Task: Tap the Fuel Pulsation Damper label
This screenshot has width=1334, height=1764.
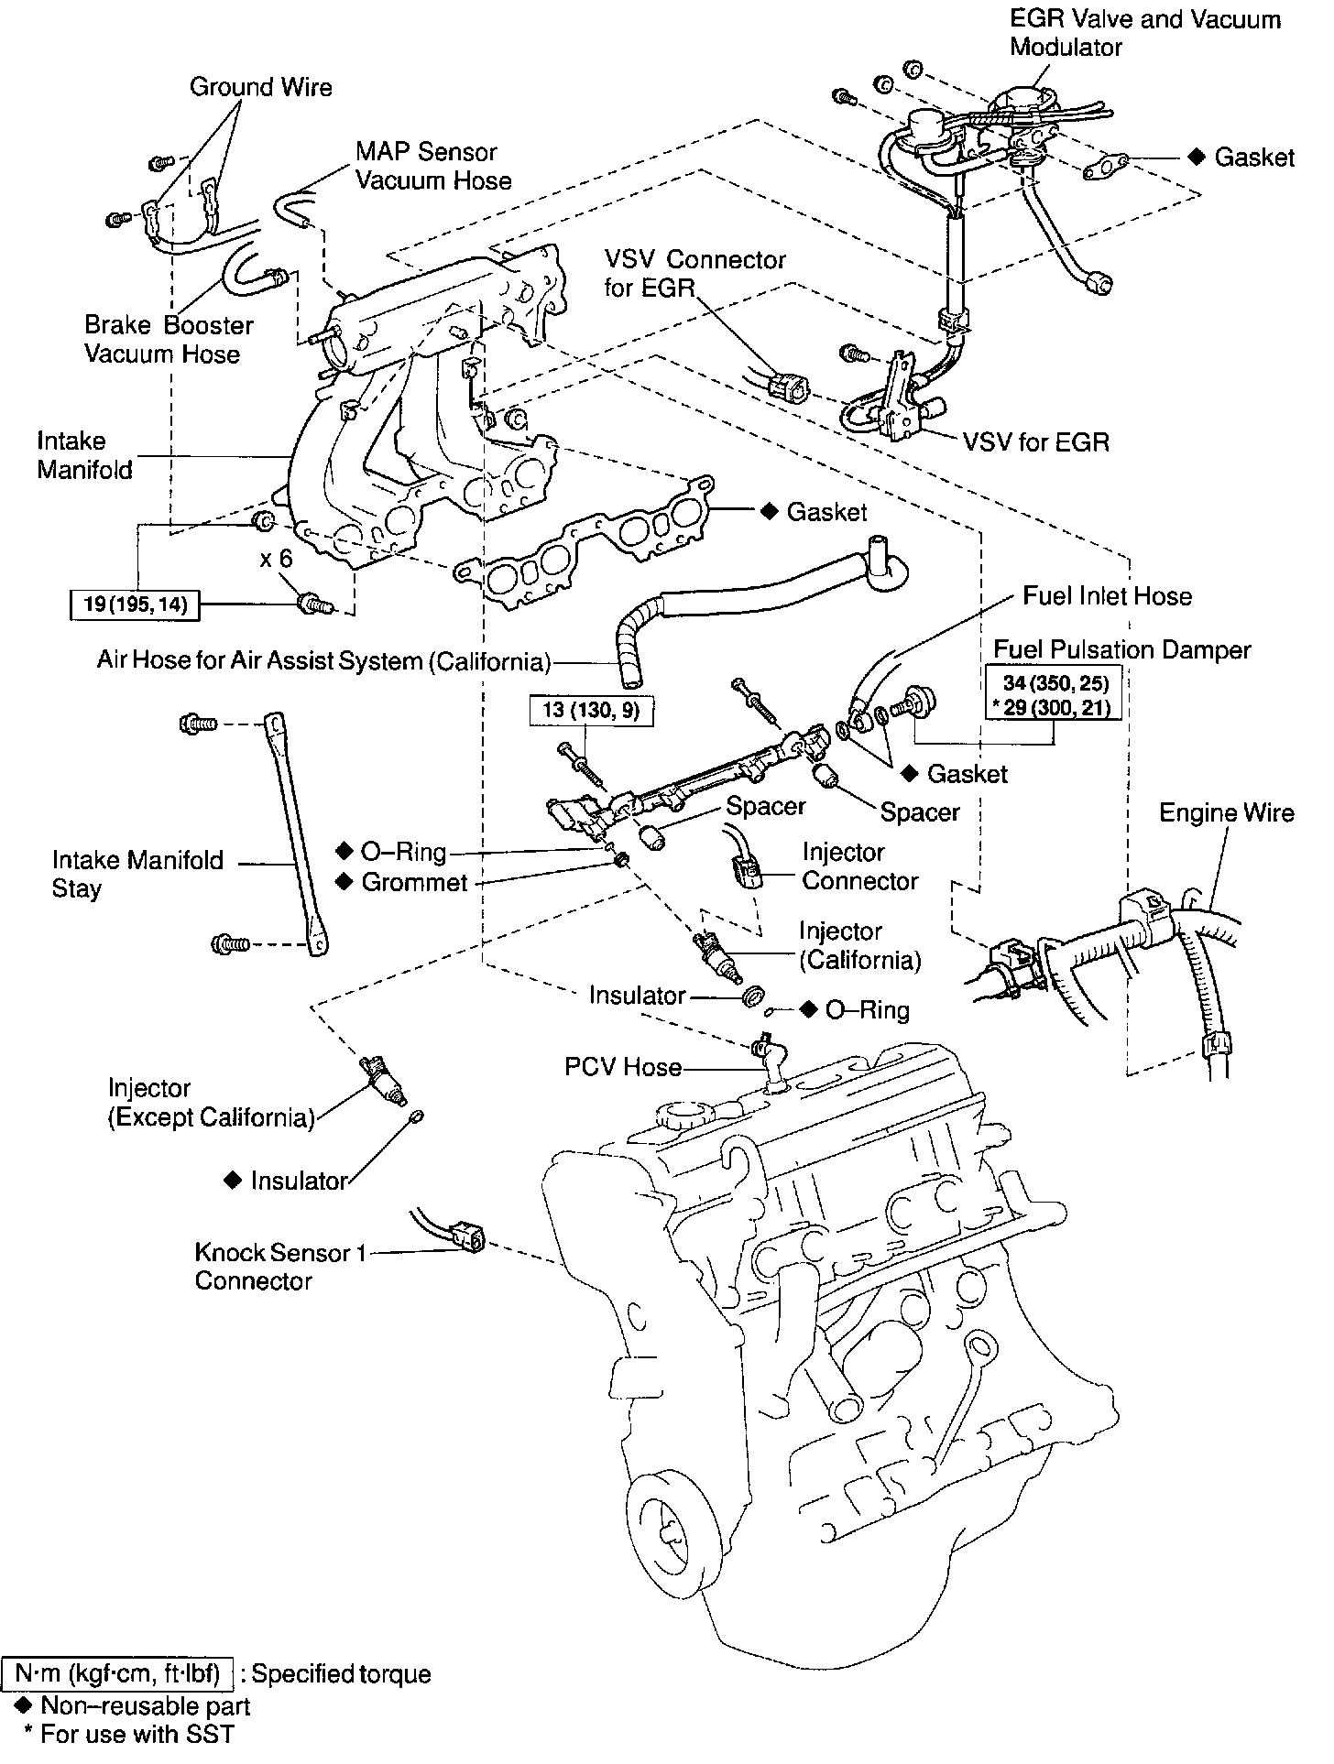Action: click(x=1121, y=650)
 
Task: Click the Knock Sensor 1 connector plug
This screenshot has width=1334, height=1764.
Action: click(x=467, y=1236)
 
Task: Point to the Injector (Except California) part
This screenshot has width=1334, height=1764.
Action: click(x=386, y=1078)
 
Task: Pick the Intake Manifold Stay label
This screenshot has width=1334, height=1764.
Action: click(x=137, y=874)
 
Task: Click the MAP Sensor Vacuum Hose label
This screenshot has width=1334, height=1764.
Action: click(x=432, y=166)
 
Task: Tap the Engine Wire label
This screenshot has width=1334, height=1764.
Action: click(x=1226, y=813)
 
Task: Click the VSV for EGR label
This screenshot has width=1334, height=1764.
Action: click(x=1035, y=442)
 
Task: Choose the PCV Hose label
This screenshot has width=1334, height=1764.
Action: click(x=623, y=1067)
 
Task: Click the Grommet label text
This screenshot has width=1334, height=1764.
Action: click(x=414, y=883)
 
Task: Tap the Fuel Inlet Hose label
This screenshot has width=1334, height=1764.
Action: click(x=1107, y=596)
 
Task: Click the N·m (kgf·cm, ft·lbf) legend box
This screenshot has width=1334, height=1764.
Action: click(x=117, y=1674)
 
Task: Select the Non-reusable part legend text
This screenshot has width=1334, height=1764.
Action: click(x=145, y=1705)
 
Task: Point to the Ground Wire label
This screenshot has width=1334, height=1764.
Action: click(x=260, y=87)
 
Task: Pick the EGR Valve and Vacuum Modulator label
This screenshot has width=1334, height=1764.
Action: click(x=1144, y=33)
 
